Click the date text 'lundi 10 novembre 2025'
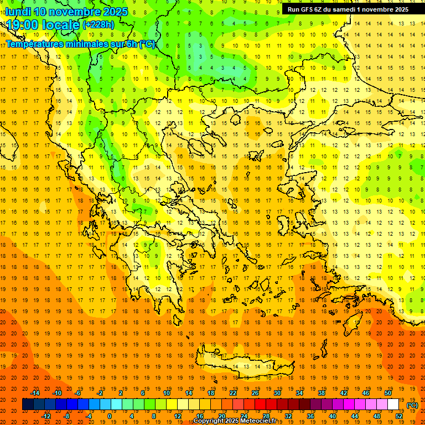(66, 12)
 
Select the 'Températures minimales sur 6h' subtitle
(80, 44)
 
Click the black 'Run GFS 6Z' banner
(348, 9)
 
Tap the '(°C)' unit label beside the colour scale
(412, 405)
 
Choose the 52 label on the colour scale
(399, 416)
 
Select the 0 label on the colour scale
(109, 416)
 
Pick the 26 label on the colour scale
(255, 393)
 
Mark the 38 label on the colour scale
(322, 393)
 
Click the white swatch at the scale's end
(393, 405)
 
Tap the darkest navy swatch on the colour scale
(28, 405)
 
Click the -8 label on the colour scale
(67, 416)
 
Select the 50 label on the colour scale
(388, 393)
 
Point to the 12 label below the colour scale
(178, 416)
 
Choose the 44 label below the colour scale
(355, 416)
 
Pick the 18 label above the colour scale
(211, 393)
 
